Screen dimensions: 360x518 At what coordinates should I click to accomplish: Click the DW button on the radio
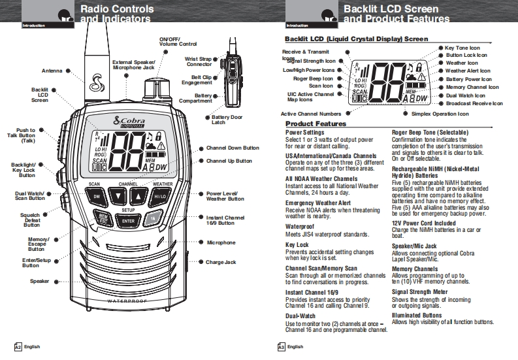(96, 196)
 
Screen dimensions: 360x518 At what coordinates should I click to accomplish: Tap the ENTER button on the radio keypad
(129, 221)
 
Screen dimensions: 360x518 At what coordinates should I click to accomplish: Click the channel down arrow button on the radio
(117, 196)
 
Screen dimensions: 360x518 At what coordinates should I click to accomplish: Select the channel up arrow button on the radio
(138, 196)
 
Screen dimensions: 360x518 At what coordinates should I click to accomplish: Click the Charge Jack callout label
(221, 262)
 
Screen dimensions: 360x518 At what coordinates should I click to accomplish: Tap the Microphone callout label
(221, 242)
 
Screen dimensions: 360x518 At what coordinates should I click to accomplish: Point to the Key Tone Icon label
(462, 48)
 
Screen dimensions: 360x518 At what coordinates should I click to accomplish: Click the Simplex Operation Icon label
(440, 114)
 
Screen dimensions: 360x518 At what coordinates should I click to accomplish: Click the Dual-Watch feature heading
(300, 316)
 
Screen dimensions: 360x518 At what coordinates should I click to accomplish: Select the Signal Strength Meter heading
(419, 292)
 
